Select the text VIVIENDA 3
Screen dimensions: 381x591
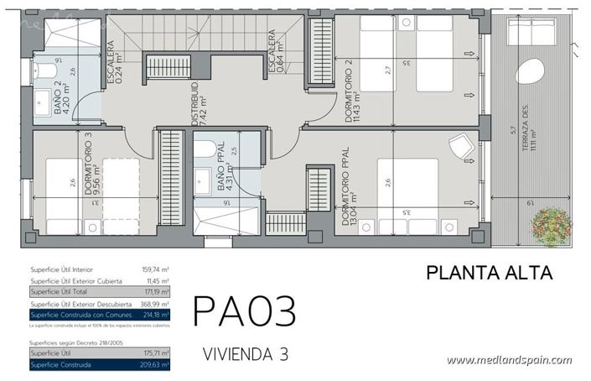pos(246,354)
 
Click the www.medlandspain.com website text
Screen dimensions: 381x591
pos(509,361)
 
